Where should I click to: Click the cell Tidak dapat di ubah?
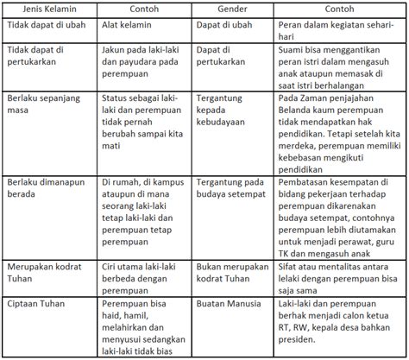47,27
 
